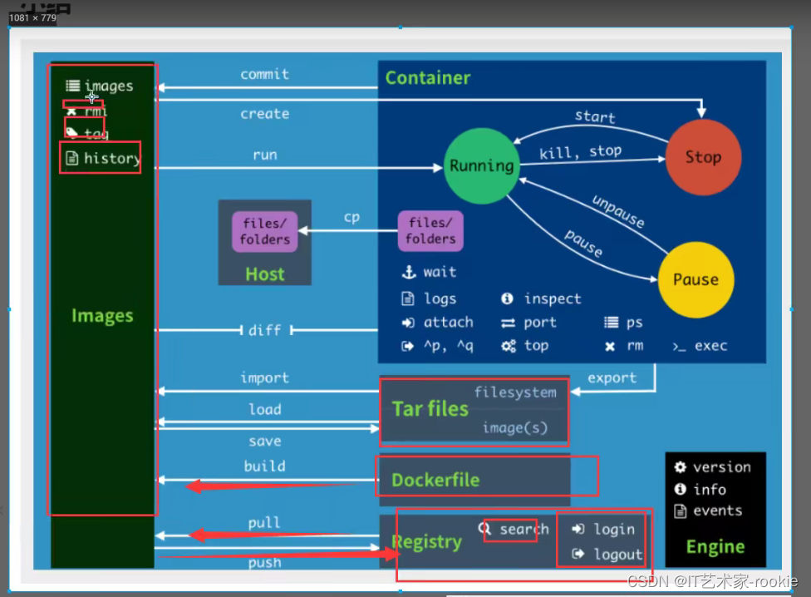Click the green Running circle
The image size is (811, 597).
481,165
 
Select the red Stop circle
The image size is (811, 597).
703,157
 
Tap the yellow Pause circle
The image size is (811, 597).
695,280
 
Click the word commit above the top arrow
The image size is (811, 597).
264,74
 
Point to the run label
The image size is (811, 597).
264,155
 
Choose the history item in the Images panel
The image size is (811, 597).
111,158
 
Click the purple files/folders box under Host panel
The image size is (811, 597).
265,231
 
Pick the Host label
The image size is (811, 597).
264,274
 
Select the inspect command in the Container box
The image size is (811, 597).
552,298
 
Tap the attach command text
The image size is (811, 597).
448,322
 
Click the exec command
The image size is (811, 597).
710,345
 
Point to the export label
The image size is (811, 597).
612,377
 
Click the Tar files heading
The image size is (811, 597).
430,408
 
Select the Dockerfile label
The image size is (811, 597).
435,480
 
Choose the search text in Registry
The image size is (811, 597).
523,529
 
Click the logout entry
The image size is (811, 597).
617,554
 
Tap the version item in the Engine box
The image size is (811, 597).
721,467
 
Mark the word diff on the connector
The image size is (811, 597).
264,330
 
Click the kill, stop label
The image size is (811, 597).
580,151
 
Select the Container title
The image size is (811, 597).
427,78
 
